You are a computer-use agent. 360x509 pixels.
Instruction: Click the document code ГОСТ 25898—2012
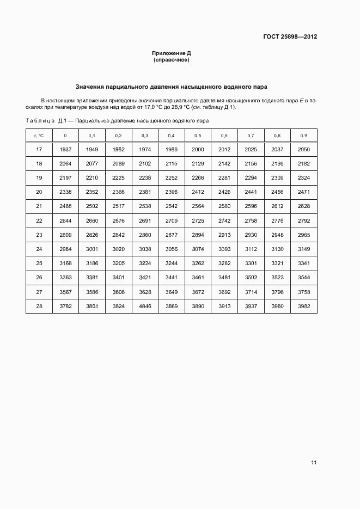pos(290,37)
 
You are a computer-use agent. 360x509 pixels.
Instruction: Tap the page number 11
pos(314,462)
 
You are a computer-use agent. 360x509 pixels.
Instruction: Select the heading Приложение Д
pos(172,53)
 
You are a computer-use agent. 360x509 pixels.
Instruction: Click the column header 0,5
pos(198,136)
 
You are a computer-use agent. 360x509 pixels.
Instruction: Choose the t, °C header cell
pos(39,136)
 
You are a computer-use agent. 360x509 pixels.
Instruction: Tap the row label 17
pos(39,150)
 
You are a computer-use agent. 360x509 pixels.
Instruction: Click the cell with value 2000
pos(198,150)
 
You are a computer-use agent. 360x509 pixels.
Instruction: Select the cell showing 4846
pos(145,306)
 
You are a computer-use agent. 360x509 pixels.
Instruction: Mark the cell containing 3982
pos(304,306)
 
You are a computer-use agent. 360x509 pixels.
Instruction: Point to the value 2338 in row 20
pos(65,192)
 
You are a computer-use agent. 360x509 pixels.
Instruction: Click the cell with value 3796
pos(277,292)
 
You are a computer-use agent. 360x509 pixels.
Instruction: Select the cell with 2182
pos(304,164)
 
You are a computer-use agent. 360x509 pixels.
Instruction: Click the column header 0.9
pos(304,136)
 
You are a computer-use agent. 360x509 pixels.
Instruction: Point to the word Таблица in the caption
pos(40,120)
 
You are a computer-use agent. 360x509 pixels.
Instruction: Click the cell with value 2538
pos(145,207)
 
